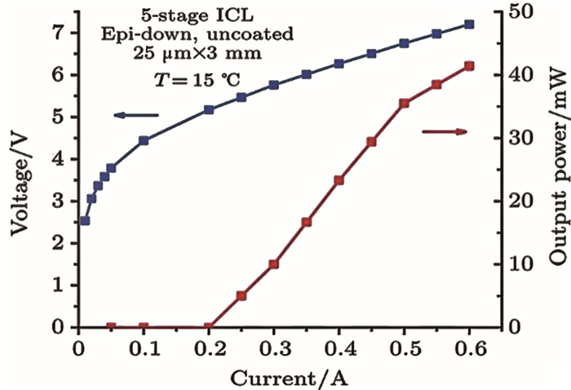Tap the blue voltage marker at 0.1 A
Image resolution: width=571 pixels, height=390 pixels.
[144, 140]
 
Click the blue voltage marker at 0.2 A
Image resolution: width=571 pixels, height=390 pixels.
[209, 109]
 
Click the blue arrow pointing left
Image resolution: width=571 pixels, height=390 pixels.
[135, 115]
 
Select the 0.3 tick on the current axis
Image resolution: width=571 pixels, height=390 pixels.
[273, 347]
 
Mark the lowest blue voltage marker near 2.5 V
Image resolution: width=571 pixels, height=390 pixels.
[85, 220]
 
